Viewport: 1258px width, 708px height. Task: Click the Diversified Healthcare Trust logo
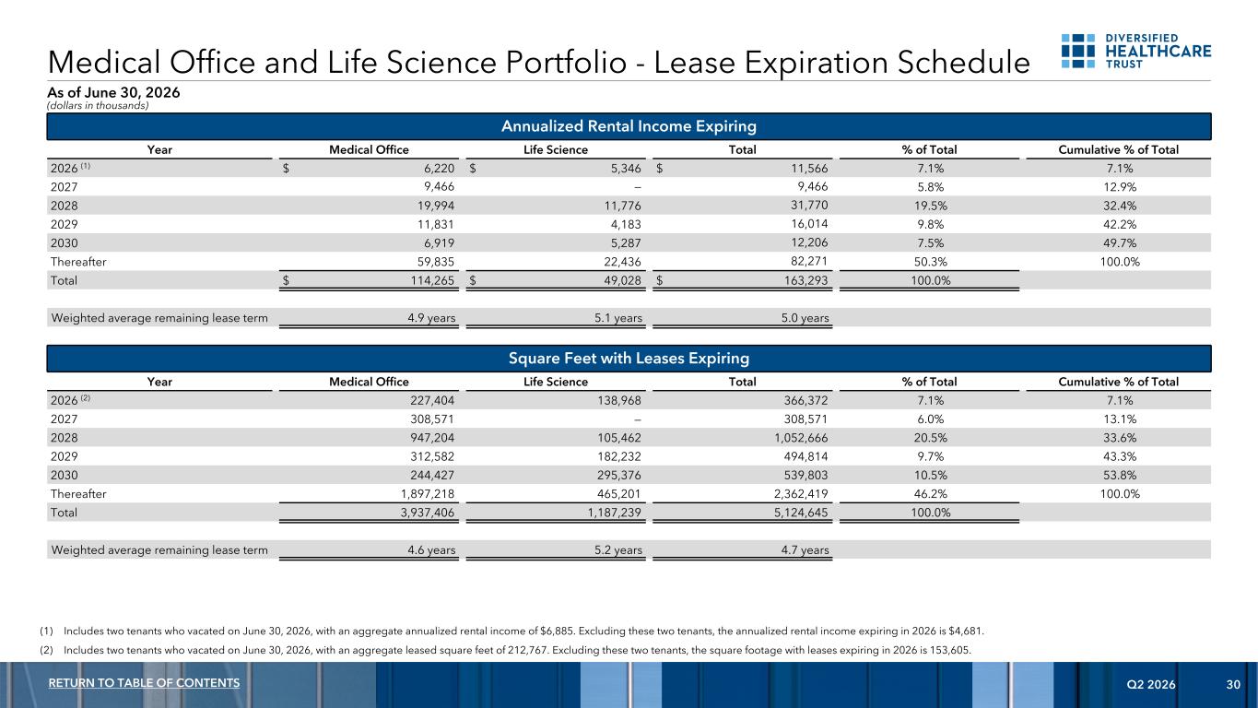tap(1135, 51)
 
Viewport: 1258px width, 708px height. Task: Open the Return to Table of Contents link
tap(144, 683)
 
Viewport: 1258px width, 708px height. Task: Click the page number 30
tap(1233, 684)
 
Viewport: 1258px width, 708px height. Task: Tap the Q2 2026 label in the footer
tap(1151, 684)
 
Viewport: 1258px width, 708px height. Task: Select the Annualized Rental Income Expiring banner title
tap(629, 126)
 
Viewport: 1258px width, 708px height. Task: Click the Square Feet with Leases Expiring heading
tap(629, 358)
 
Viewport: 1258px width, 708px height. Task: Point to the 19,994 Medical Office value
tap(436, 206)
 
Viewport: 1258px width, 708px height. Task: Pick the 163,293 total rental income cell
tap(805, 280)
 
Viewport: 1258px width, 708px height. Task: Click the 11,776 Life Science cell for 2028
tap(622, 206)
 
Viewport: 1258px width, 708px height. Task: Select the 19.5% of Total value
tap(931, 206)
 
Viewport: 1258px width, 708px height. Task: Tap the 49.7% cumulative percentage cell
tap(1119, 243)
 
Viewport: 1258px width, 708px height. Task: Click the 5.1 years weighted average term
tap(618, 318)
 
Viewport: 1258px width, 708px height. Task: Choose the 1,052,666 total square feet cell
tap(801, 438)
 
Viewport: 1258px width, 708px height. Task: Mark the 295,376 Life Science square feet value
tap(619, 476)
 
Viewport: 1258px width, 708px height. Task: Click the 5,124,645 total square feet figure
tap(801, 513)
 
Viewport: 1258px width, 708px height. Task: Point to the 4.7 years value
tap(805, 550)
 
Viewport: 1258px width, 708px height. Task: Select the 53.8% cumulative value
tap(1119, 476)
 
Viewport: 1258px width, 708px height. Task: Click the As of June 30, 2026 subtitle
tap(113, 93)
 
